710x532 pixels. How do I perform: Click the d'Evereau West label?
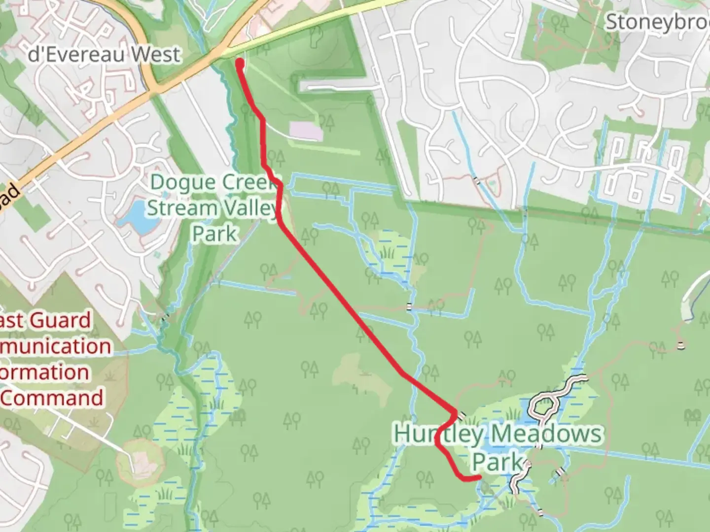pos(104,54)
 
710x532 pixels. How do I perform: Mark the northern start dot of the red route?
pos(240,63)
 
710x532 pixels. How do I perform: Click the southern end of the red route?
pos(478,477)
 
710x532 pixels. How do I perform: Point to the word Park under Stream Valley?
pos(214,233)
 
